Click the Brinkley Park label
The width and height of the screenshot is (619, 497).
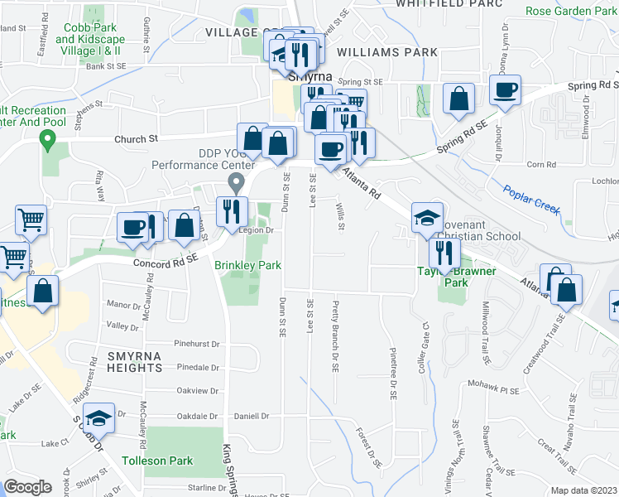(249, 265)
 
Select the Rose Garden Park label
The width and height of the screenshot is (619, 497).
(572, 12)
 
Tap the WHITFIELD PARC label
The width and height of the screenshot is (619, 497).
(449, 3)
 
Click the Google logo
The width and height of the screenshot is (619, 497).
(27, 487)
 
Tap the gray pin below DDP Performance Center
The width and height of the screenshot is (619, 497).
(236, 181)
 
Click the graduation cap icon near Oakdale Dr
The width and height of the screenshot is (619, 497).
(99, 418)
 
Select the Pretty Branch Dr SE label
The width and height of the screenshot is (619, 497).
(335, 328)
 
